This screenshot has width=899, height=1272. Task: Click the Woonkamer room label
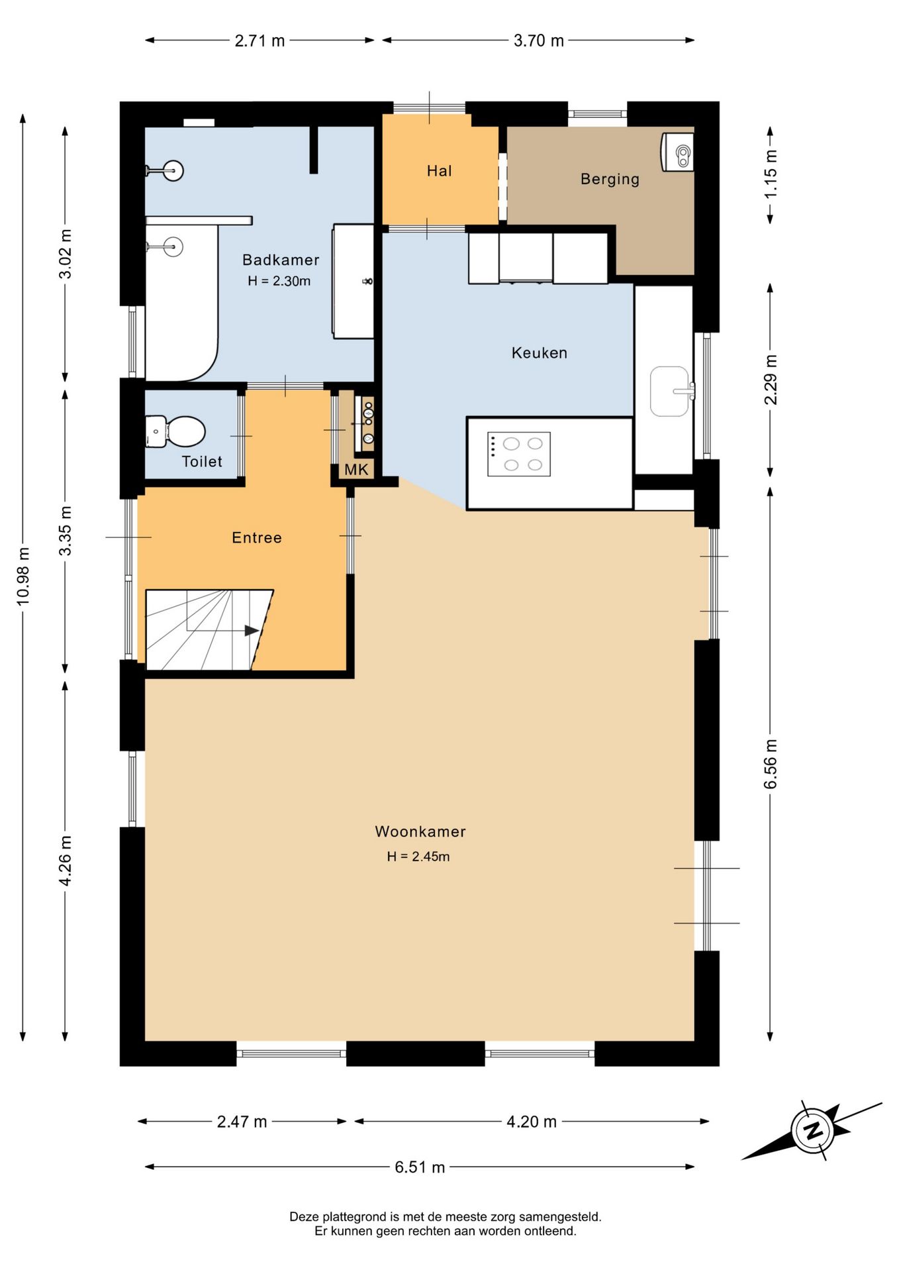(420, 831)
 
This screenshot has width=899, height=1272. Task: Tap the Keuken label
(540, 352)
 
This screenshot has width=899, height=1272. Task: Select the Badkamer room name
(281, 260)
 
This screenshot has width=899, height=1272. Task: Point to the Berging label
(610, 179)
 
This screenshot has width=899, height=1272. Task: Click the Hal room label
(439, 171)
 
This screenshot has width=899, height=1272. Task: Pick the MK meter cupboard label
(356, 470)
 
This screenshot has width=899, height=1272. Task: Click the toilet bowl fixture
(175, 431)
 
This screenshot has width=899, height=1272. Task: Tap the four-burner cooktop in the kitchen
(519, 454)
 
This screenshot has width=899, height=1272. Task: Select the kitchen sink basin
(669, 392)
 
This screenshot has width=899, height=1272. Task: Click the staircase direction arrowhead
(252, 631)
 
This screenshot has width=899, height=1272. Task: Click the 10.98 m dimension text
(23, 576)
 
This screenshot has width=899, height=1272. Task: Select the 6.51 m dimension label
(420, 1167)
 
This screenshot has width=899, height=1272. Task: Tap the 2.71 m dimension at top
(260, 40)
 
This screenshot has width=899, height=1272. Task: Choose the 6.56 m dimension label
(771, 764)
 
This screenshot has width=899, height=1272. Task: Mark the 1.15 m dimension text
(771, 174)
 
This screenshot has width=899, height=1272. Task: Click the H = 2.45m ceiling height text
(418, 857)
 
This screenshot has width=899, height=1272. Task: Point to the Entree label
(257, 537)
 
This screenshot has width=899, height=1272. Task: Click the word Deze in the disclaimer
(305, 1216)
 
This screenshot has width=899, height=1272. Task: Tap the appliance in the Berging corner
(677, 152)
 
